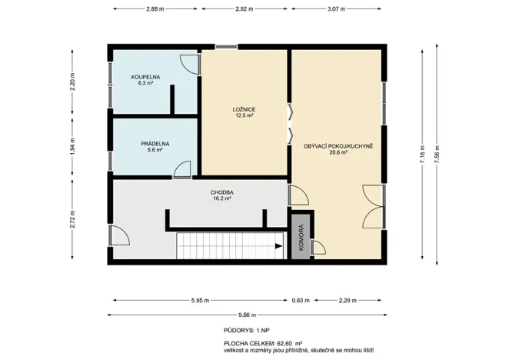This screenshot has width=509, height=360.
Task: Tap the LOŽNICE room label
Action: click(244, 110)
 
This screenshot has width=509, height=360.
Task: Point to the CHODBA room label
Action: click(221, 192)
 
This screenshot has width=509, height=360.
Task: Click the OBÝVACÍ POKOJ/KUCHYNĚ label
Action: click(338, 146)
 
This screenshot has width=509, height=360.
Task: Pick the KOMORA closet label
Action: click(301, 238)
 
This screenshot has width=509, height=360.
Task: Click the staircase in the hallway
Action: click(228, 246)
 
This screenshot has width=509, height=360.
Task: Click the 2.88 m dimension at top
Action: click(157, 8)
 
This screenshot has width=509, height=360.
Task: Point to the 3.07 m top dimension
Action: click(337, 8)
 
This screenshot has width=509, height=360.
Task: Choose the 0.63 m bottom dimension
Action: click(301, 301)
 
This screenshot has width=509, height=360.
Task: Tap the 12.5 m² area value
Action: click(244, 115)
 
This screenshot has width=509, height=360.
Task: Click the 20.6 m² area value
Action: click(338, 152)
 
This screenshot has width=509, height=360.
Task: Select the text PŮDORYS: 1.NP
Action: click(243, 329)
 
